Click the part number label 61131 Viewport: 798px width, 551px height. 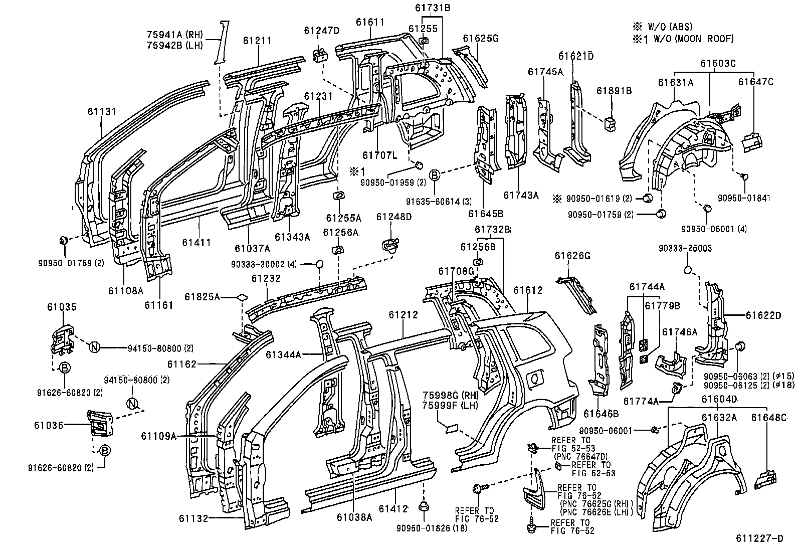(102, 112)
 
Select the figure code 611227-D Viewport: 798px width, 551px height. (759, 539)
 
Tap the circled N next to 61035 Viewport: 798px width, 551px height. (94, 346)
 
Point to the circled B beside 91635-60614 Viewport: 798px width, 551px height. (435, 175)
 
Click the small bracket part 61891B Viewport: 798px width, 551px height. (610, 124)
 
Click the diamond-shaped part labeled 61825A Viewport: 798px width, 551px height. (242, 297)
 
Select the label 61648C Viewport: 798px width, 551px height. (768, 417)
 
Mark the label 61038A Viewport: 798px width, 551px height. (354, 517)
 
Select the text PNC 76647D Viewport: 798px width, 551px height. (581, 457)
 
